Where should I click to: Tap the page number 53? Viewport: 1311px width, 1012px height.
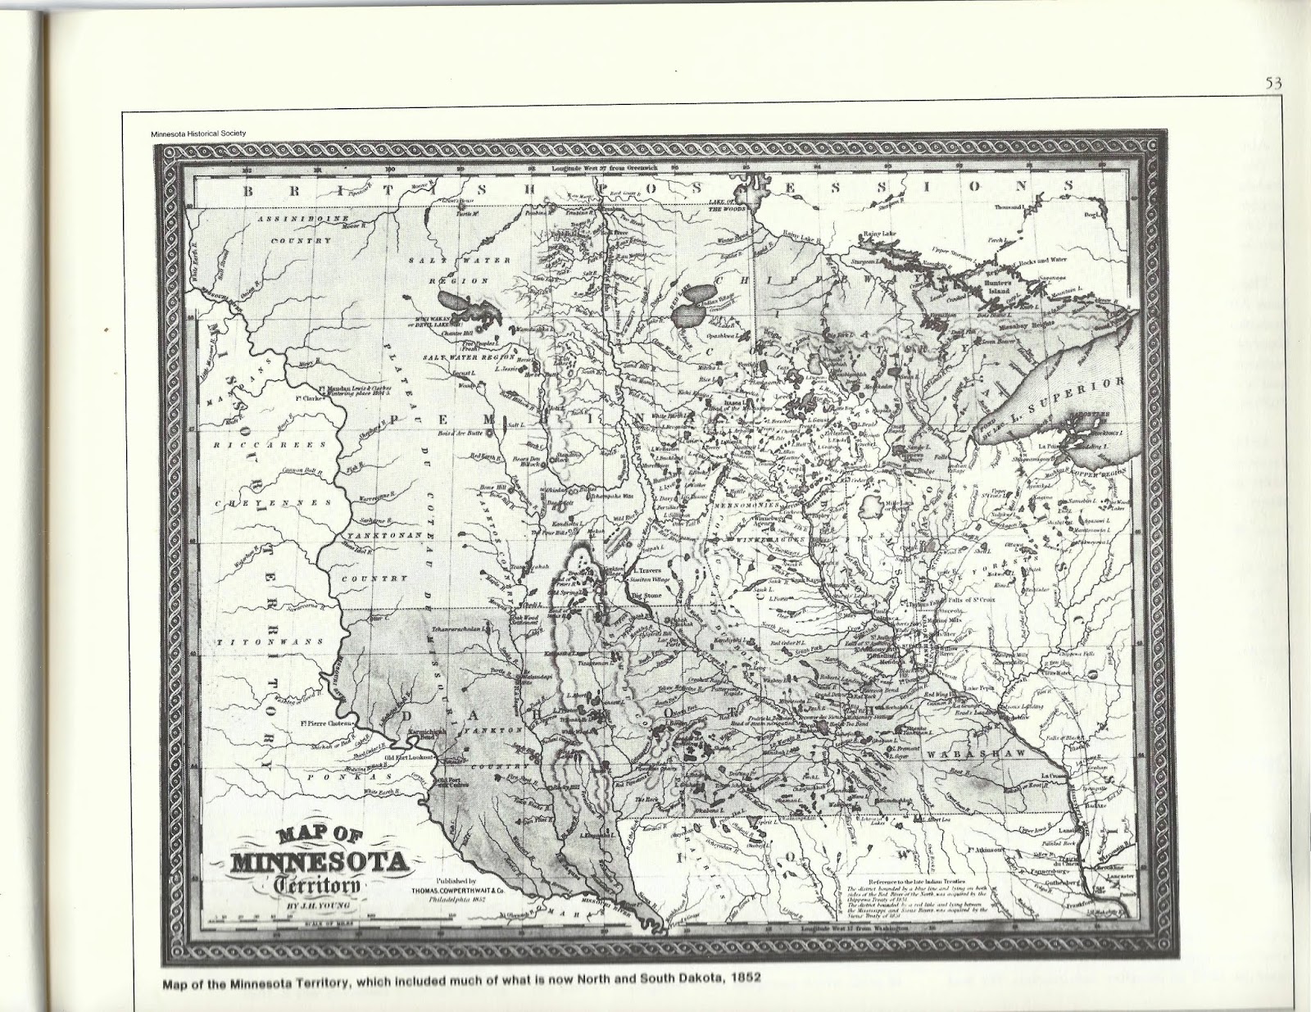(x=1272, y=81)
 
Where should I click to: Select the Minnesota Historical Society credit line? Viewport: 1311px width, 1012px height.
(x=198, y=135)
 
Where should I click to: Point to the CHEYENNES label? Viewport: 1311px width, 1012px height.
(x=274, y=502)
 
